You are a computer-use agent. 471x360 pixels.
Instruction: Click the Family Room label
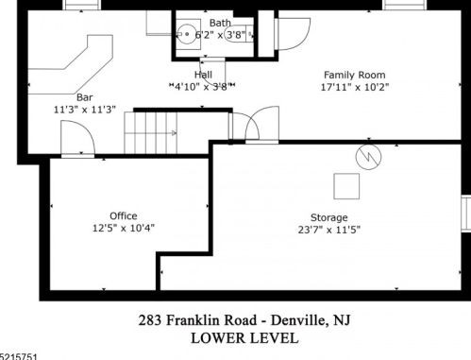[x=355, y=75]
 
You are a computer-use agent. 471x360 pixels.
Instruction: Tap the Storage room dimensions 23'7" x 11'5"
[x=329, y=230]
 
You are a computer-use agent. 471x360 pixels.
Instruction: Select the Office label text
[x=124, y=215]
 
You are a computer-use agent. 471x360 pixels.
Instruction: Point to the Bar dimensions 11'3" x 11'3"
[x=85, y=110]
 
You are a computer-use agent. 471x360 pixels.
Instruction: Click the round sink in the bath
[x=187, y=34]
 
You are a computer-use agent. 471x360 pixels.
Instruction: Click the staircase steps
[x=151, y=133]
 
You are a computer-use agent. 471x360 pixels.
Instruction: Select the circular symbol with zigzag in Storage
[x=368, y=157]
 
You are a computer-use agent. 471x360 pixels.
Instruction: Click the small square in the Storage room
[x=346, y=186]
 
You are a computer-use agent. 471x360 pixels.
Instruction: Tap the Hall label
[x=203, y=75]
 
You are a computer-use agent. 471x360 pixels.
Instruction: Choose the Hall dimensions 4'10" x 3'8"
[x=201, y=86]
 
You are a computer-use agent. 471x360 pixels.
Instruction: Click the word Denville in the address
[x=298, y=320]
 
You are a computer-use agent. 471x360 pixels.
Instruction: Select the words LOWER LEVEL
[x=244, y=338]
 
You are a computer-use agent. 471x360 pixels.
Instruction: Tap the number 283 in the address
[x=150, y=320]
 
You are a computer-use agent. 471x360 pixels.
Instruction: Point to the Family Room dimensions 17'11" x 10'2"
[x=355, y=87]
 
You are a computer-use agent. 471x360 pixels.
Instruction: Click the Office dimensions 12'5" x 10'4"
[x=124, y=228]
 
